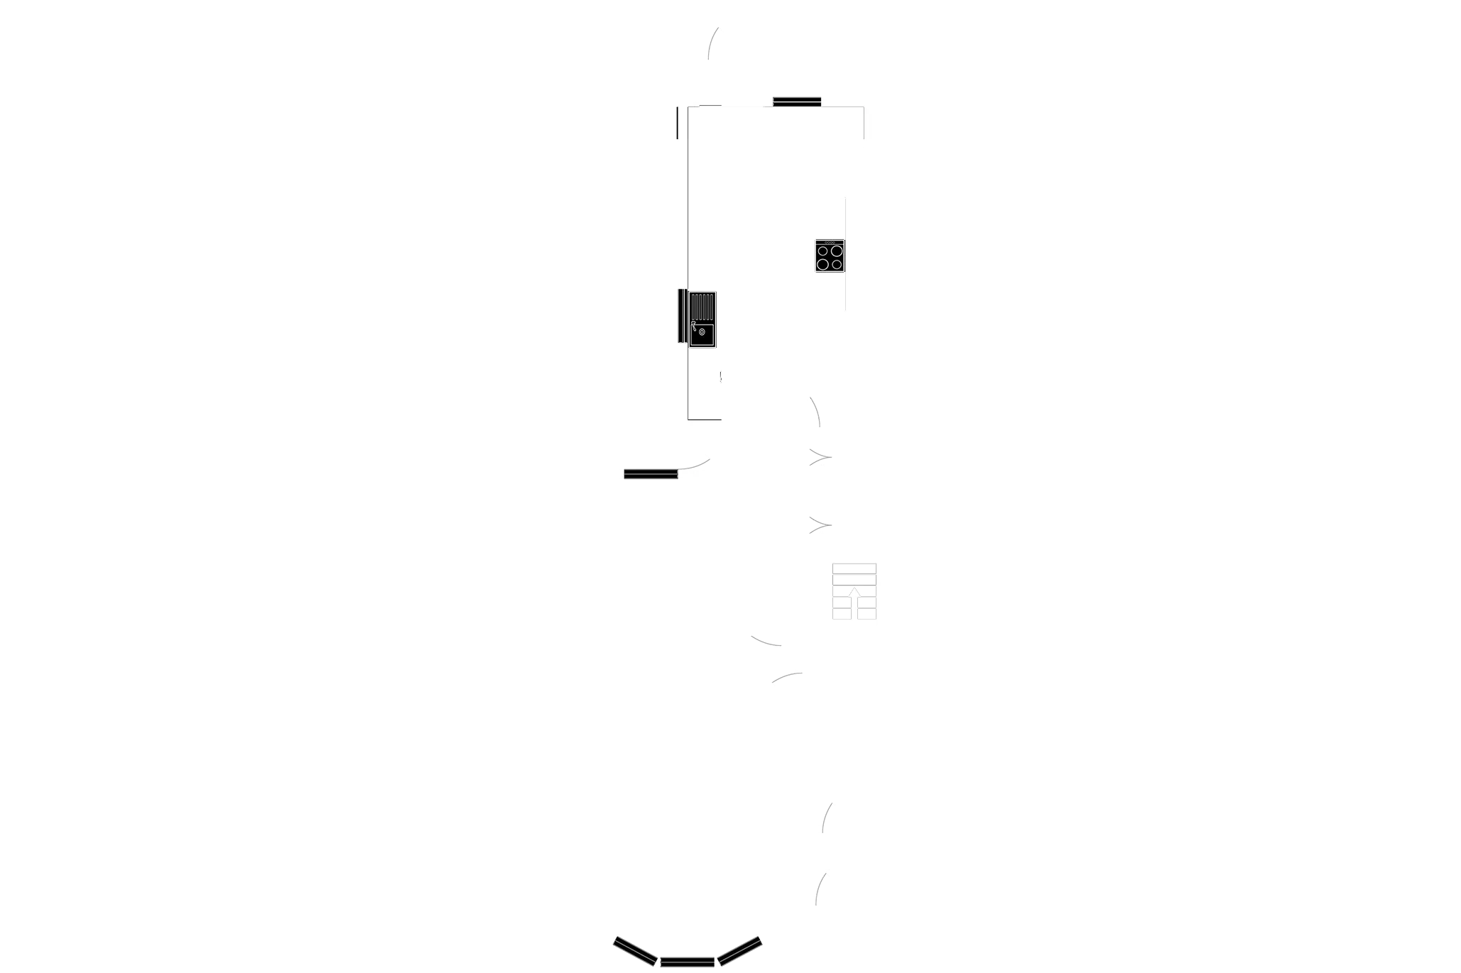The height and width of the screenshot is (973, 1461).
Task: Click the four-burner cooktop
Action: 829,256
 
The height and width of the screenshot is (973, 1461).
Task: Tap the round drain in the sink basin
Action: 702,332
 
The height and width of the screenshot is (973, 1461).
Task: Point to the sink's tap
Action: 694,326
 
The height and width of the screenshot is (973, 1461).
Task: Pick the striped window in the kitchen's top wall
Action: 797,101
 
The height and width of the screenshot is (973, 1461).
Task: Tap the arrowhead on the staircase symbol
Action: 854,591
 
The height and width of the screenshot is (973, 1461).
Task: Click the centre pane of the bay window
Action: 687,963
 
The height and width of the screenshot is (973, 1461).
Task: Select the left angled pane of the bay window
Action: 634,952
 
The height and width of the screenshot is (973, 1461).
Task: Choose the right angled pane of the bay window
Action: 740,952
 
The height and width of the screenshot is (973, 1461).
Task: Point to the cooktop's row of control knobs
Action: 829,243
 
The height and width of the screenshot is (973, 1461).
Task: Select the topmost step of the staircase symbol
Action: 854,568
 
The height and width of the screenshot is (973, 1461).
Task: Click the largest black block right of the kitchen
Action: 1172,238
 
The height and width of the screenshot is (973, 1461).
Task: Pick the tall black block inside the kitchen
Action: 770,238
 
